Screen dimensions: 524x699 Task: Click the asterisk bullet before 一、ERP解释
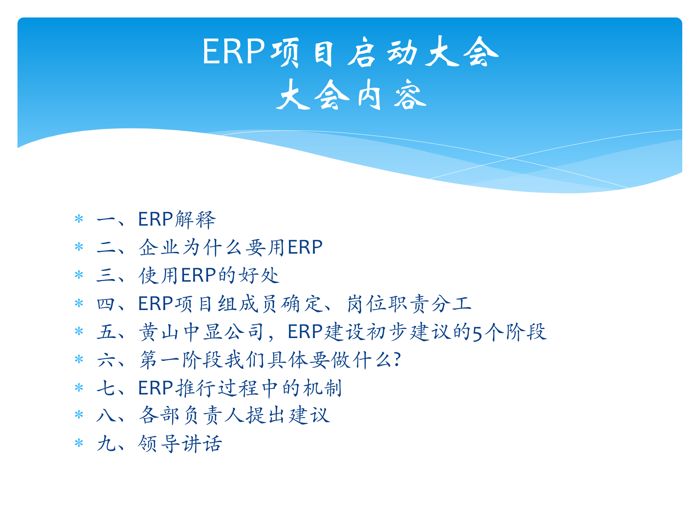79,219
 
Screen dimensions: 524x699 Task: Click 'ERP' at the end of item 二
305,247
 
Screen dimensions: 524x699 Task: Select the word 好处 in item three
259,275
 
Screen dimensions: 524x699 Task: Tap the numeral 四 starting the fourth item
106,304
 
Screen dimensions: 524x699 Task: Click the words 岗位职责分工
409,304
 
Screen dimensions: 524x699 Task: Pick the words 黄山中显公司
201,332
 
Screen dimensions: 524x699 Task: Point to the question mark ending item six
397,360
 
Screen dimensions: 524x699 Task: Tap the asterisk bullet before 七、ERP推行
79,388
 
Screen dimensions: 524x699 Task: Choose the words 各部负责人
192,415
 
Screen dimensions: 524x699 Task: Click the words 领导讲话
180,444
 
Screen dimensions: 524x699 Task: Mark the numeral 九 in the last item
106,444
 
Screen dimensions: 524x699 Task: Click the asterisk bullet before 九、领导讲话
79,444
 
